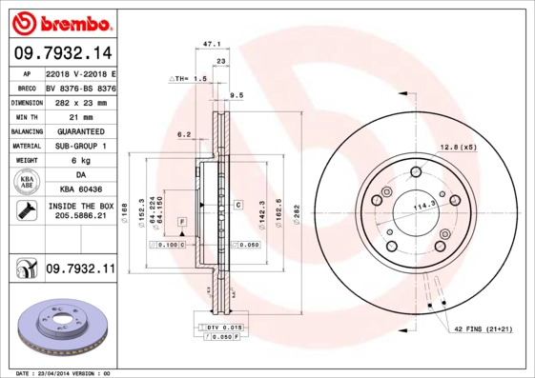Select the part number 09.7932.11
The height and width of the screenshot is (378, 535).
(80, 270)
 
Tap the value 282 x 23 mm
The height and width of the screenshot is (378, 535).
(81, 101)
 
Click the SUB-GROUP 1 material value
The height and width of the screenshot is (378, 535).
(80, 146)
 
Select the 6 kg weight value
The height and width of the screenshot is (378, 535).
(80, 161)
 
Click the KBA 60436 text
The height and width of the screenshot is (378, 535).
(80, 189)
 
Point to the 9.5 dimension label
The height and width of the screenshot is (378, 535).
(237, 95)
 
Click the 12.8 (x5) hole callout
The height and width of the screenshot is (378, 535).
(457, 147)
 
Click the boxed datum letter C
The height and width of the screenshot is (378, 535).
(237, 205)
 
